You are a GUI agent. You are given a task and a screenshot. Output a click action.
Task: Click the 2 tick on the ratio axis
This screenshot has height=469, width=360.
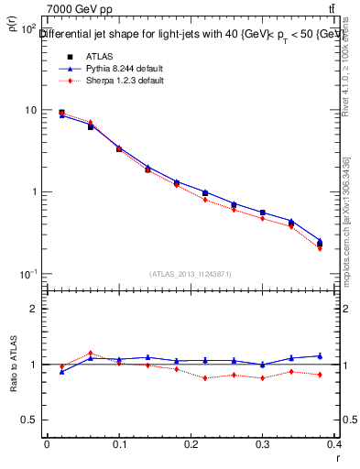click(x=35, y=309)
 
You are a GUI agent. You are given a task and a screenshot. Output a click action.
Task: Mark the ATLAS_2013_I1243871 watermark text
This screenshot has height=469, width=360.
click(x=191, y=274)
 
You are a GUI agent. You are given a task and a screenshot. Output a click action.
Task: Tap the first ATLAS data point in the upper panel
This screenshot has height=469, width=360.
click(x=61, y=113)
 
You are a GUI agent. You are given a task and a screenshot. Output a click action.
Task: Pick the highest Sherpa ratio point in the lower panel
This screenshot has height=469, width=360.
click(x=90, y=353)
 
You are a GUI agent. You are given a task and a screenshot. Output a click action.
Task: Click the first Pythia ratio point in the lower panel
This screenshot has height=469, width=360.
click(x=61, y=372)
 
